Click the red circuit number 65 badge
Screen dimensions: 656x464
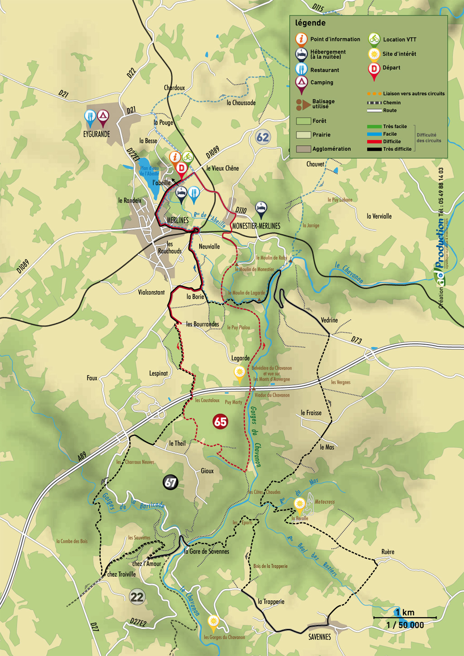point(220,422)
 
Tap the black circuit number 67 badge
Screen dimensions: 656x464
point(170,483)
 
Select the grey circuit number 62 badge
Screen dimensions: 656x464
point(262,137)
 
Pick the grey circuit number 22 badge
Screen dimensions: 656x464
point(137,597)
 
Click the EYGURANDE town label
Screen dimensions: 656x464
point(97,134)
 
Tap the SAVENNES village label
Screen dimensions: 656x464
point(319,637)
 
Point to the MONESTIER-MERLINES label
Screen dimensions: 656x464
point(256,226)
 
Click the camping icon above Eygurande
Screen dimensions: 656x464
point(103,116)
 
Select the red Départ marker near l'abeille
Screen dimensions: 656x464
point(181,168)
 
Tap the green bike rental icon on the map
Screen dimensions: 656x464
point(188,157)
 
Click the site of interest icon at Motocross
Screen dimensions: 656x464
point(299,503)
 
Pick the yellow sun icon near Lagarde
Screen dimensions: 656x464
point(239,373)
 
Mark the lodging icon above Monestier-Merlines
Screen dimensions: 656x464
point(261,208)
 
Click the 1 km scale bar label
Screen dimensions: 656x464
point(405,613)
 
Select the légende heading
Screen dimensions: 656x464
point(310,23)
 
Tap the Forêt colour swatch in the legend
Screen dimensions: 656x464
point(303,121)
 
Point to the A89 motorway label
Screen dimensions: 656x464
point(82,456)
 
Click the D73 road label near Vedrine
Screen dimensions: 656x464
point(357,340)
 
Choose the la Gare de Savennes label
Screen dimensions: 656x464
point(207,551)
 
